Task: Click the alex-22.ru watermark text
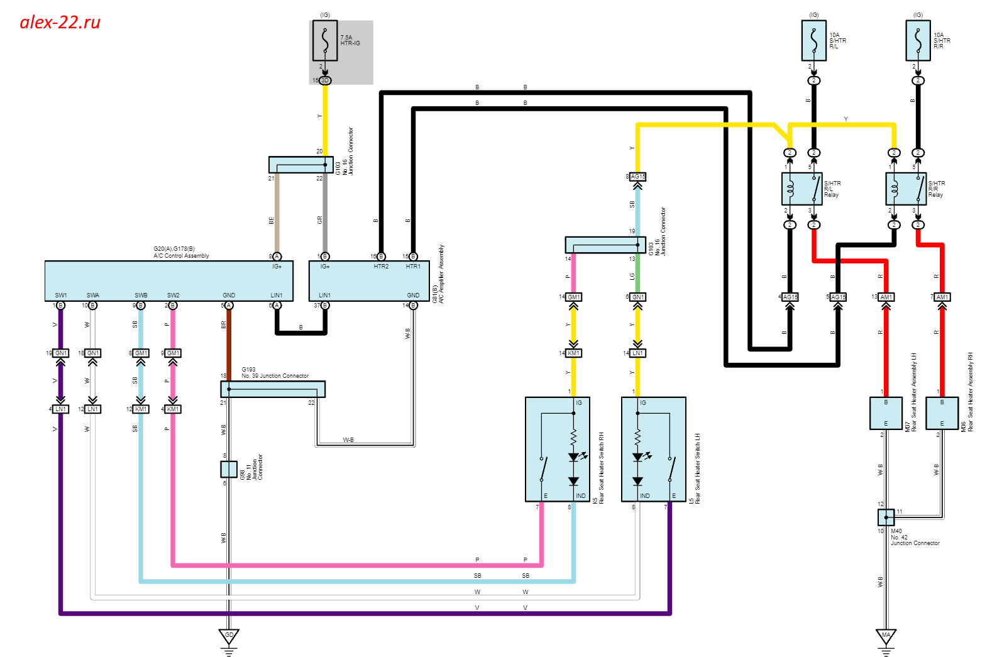point(60,23)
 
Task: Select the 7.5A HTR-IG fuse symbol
point(325,41)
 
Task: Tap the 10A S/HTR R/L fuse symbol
point(814,41)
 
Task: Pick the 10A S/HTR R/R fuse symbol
point(918,41)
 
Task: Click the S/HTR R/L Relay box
point(802,189)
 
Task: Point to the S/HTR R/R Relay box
point(906,189)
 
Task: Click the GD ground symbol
point(229,636)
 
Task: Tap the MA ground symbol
point(886,636)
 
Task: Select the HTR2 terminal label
point(381,267)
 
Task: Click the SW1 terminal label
point(61,295)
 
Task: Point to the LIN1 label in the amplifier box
point(324,295)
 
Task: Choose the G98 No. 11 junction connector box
point(229,469)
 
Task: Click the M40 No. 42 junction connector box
point(886,517)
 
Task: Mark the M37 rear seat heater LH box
point(886,413)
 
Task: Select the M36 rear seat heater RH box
point(942,413)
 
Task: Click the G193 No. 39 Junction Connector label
point(275,373)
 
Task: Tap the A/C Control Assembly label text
point(181,256)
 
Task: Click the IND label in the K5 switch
point(580,496)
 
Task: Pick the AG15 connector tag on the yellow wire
point(638,177)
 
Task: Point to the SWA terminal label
point(93,295)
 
